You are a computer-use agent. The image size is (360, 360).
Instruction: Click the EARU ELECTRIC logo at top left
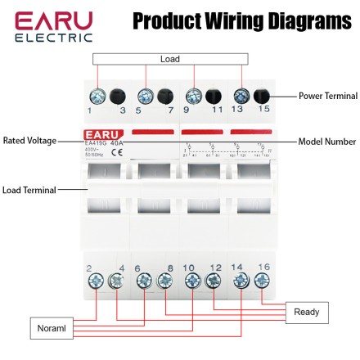51,26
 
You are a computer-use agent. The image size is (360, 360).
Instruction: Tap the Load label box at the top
170,59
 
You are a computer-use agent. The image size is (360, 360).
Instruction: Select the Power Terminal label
327,96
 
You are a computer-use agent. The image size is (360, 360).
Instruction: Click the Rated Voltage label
29,141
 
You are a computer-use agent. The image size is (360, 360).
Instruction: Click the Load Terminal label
29,190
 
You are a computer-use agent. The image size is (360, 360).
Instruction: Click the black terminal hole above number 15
262,95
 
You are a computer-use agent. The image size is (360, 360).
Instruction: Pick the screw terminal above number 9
194,95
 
